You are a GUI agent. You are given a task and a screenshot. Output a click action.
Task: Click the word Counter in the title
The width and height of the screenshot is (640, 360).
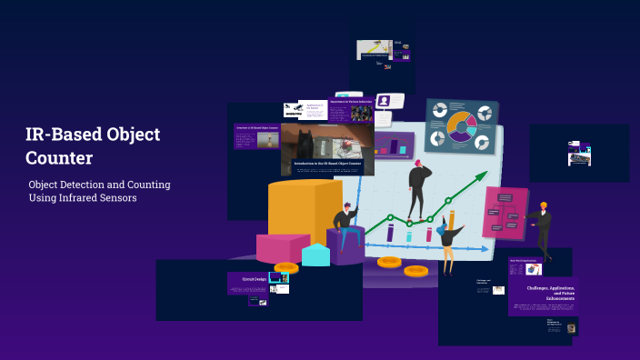(x=59, y=158)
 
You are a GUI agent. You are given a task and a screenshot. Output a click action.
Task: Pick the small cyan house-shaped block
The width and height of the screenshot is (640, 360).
(x=315, y=255)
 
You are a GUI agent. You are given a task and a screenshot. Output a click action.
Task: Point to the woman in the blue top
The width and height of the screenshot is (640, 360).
(x=449, y=242)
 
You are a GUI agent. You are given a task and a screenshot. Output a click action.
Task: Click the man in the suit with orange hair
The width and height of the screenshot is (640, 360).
(x=543, y=228)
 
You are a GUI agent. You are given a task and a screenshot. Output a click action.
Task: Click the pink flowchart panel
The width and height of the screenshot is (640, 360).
(x=505, y=213)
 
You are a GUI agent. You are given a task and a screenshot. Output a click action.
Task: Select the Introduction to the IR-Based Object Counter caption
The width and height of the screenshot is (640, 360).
(x=327, y=164)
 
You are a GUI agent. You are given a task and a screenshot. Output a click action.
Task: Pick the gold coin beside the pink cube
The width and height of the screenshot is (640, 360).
(x=285, y=268)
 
